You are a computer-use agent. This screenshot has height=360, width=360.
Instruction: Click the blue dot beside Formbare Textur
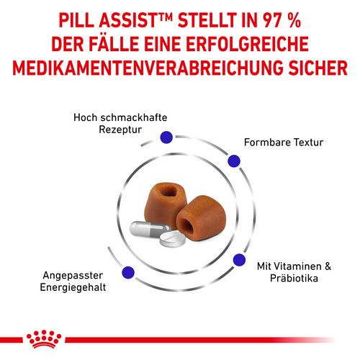coord(233,163)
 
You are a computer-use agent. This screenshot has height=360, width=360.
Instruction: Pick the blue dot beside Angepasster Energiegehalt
coord(128,272)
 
